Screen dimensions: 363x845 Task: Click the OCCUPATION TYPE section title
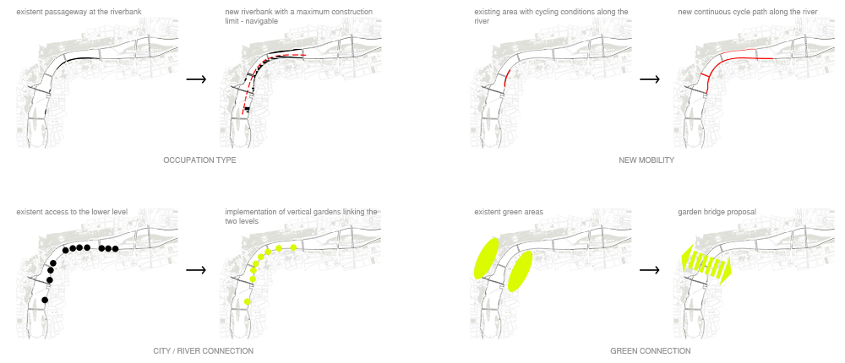tap(199, 160)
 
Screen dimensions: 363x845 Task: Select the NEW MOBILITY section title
tap(646, 160)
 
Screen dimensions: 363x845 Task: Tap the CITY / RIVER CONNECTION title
tap(203, 350)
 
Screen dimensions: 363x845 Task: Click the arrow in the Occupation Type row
tap(196, 79)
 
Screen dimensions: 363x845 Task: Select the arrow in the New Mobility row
tap(650, 79)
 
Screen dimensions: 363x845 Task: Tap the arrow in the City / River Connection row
tap(196, 270)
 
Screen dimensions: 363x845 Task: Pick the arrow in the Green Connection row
tap(650, 270)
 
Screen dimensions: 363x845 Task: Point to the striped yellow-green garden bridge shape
tap(706, 266)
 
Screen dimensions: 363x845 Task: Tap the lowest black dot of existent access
tap(45, 301)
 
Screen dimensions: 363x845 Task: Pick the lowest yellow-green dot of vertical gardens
tap(247, 301)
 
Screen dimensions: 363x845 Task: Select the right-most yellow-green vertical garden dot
tap(293, 247)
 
